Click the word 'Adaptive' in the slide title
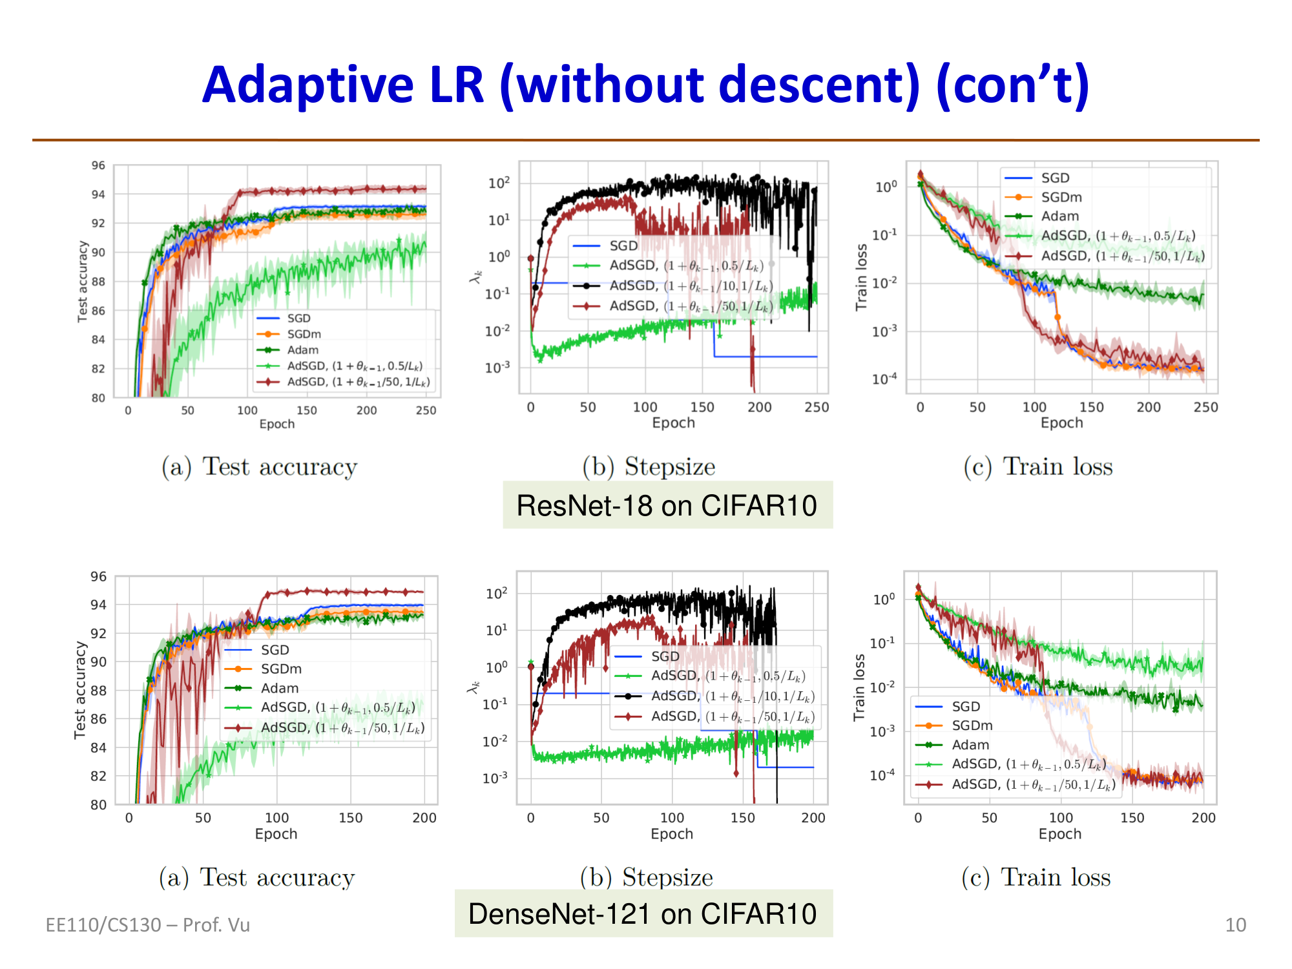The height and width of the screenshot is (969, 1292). click(307, 85)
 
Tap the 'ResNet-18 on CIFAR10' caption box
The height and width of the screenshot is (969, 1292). click(667, 505)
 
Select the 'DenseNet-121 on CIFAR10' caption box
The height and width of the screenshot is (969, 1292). click(643, 913)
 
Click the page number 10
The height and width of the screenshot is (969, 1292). click(1235, 925)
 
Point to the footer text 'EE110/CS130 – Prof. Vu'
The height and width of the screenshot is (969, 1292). click(147, 925)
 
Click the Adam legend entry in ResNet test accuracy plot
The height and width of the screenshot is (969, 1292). click(302, 350)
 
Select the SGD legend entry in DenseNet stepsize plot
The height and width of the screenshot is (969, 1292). click(665, 656)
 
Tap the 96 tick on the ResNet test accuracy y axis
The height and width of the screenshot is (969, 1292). click(98, 165)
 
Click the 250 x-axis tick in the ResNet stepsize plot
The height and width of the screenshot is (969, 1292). click(817, 407)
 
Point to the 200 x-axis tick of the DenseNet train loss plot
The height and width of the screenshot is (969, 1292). click(1203, 818)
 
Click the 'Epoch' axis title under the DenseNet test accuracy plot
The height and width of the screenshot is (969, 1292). click(276, 834)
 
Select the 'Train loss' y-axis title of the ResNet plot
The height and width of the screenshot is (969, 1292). click(861, 278)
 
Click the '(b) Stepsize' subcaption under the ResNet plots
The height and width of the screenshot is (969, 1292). click(649, 466)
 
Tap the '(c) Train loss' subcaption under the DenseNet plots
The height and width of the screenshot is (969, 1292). click(1036, 877)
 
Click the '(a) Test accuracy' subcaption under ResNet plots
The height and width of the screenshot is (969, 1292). click(259, 466)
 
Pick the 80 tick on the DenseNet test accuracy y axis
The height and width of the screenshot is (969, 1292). click(98, 805)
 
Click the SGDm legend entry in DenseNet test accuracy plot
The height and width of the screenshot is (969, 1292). click(280, 669)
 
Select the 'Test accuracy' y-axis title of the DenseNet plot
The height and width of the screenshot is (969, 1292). click(80, 690)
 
